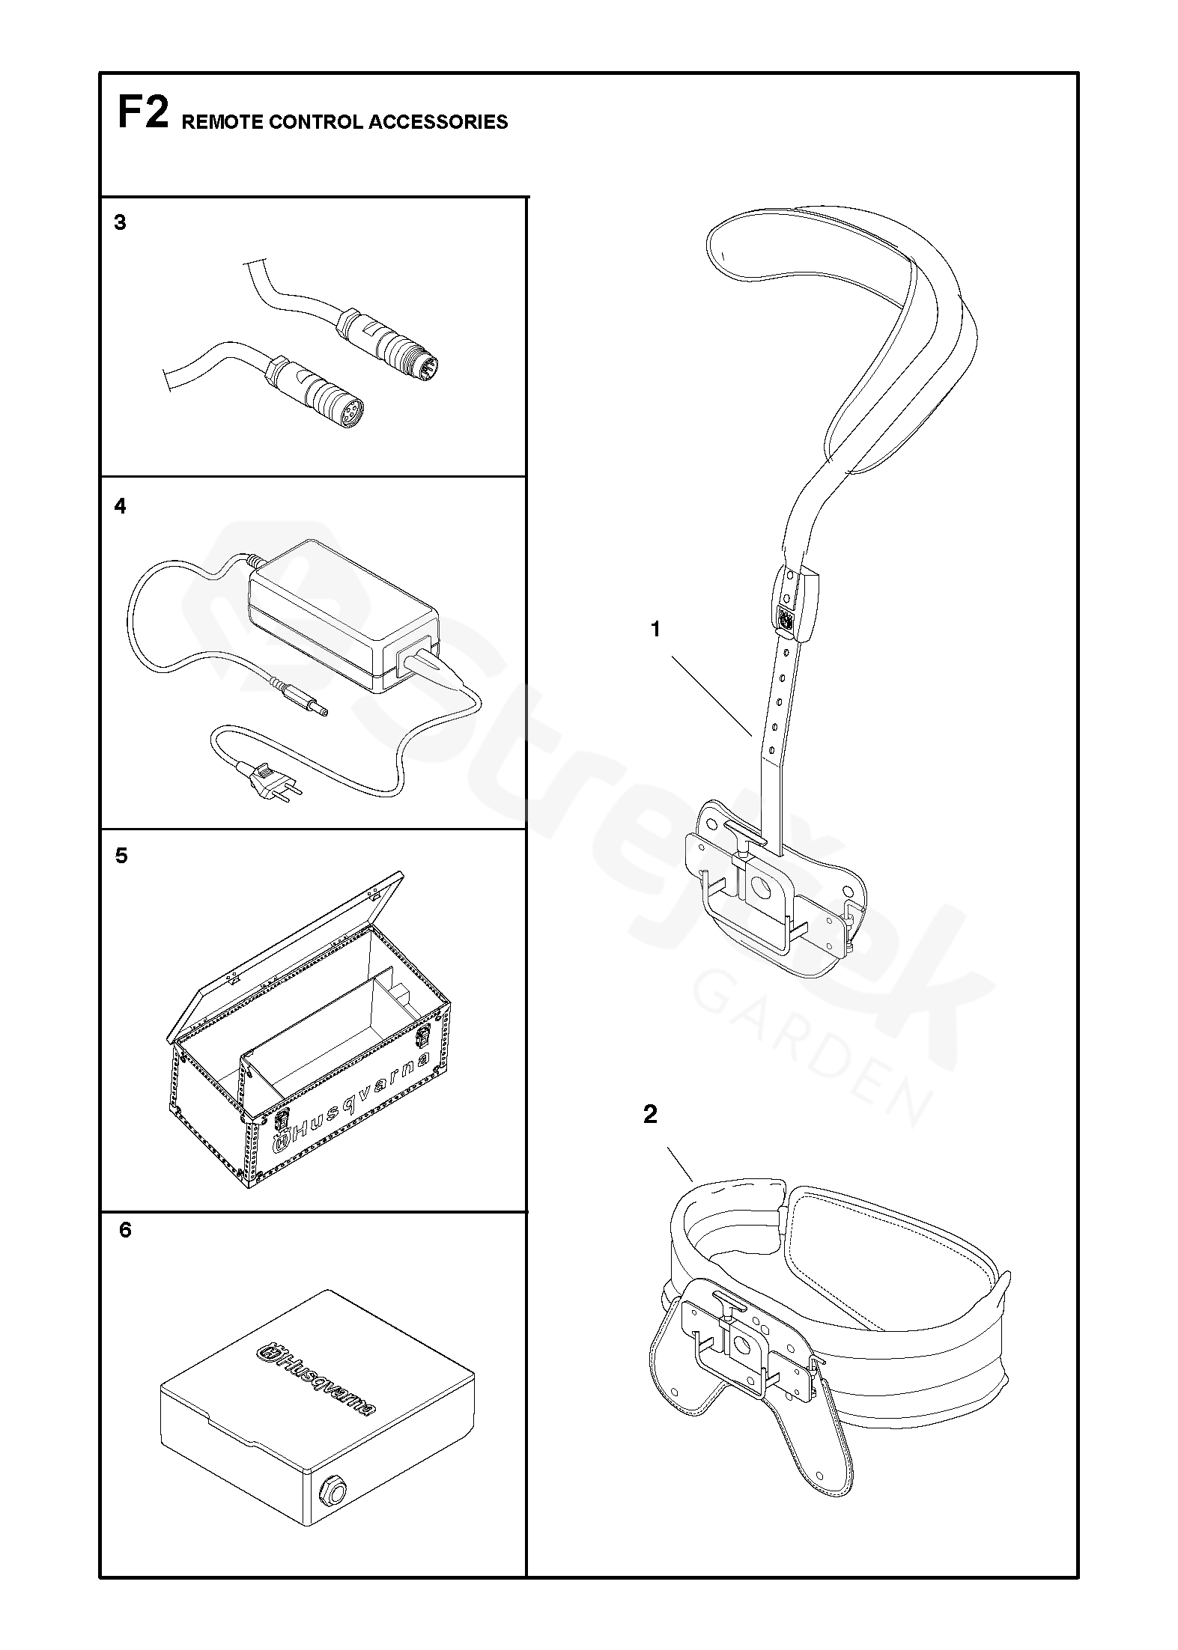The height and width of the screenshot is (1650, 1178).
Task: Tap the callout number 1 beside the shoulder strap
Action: tap(656, 630)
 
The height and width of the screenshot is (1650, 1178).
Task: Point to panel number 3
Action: tap(120, 223)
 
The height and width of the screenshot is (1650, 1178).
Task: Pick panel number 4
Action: tap(120, 507)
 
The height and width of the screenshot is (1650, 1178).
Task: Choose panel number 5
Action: tap(121, 856)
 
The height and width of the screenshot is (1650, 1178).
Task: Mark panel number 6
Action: tap(125, 1230)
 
